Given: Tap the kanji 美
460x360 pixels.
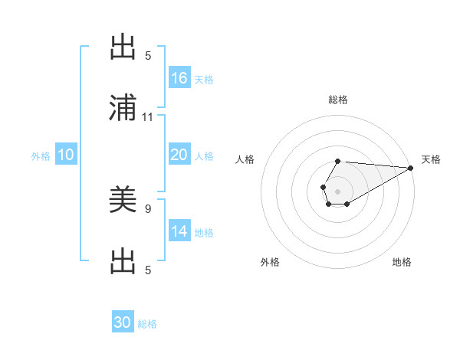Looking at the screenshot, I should (x=123, y=200).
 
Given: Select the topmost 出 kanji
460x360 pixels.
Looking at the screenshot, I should (x=123, y=47).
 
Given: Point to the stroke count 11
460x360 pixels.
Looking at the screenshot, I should (x=148, y=117).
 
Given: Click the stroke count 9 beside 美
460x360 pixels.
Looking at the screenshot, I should (x=148, y=207).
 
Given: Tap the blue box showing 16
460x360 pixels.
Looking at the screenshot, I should (x=179, y=78).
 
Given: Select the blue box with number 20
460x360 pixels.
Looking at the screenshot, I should (x=179, y=155).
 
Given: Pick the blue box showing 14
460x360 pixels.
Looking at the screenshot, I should (x=179, y=231).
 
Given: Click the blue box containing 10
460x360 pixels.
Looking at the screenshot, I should (x=66, y=155).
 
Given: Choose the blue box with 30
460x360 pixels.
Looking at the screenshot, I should (x=123, y=322).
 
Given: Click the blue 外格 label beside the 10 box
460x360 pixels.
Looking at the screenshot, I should (x=41, y=156).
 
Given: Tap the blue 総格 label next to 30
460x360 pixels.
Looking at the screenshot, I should (x=147, y=324).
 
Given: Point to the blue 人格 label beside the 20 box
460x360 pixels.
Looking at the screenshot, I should (x=204, y=156).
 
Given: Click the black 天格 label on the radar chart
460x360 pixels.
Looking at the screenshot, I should (x=431, y=159).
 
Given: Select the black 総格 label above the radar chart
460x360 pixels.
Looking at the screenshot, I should (x=337, y=100).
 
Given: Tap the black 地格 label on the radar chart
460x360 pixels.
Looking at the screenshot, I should (x=402, y=262).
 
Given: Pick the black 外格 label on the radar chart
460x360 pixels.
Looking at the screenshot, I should (x=270, y=262).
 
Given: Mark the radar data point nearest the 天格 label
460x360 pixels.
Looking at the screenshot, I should (x=410, y=168).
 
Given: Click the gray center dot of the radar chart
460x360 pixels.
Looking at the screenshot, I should (x=337, y=190).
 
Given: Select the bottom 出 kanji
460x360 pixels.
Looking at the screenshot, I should (x=123, y=261).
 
